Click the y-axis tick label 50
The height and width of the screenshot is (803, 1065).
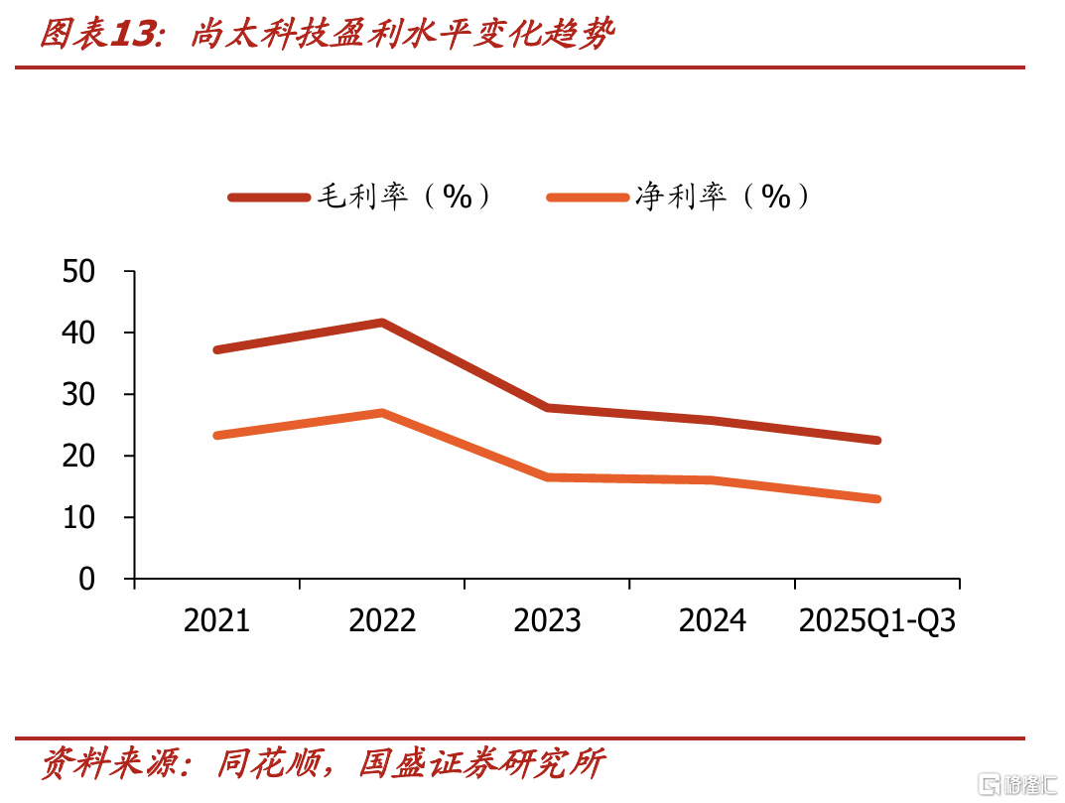tap(78, 272)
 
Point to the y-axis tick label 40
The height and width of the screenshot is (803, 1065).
tap(78, 333)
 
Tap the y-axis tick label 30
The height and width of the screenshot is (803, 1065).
tap(78, 395)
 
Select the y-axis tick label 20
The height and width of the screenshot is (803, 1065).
tap(78, 456)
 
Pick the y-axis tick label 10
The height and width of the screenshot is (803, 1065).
tap(78, 518)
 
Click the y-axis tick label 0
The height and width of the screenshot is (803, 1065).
tap(87, 579)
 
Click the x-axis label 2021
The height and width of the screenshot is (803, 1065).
tap(216, 621)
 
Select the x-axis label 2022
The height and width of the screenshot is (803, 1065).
tap(382, 621)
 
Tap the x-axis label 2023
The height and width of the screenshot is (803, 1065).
tap(548, 621)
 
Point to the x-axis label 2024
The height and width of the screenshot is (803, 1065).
tap(713, 621)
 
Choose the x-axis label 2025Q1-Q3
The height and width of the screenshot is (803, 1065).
tap(877, 621)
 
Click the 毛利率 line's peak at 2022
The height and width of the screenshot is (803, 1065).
tap(382, 323)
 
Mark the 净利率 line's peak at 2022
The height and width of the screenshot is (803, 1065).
tap(382, 412)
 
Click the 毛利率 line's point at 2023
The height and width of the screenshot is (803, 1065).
tap(548, 408)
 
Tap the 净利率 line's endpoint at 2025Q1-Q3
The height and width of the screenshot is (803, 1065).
tap(876, 498)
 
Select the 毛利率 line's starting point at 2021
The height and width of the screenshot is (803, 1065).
tap(217, 349)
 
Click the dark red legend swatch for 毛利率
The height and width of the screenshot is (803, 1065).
tap(269, 198)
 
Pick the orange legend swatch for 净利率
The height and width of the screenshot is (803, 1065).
tap(589, 198)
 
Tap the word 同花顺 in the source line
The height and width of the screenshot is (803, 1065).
tap(269, 763)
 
